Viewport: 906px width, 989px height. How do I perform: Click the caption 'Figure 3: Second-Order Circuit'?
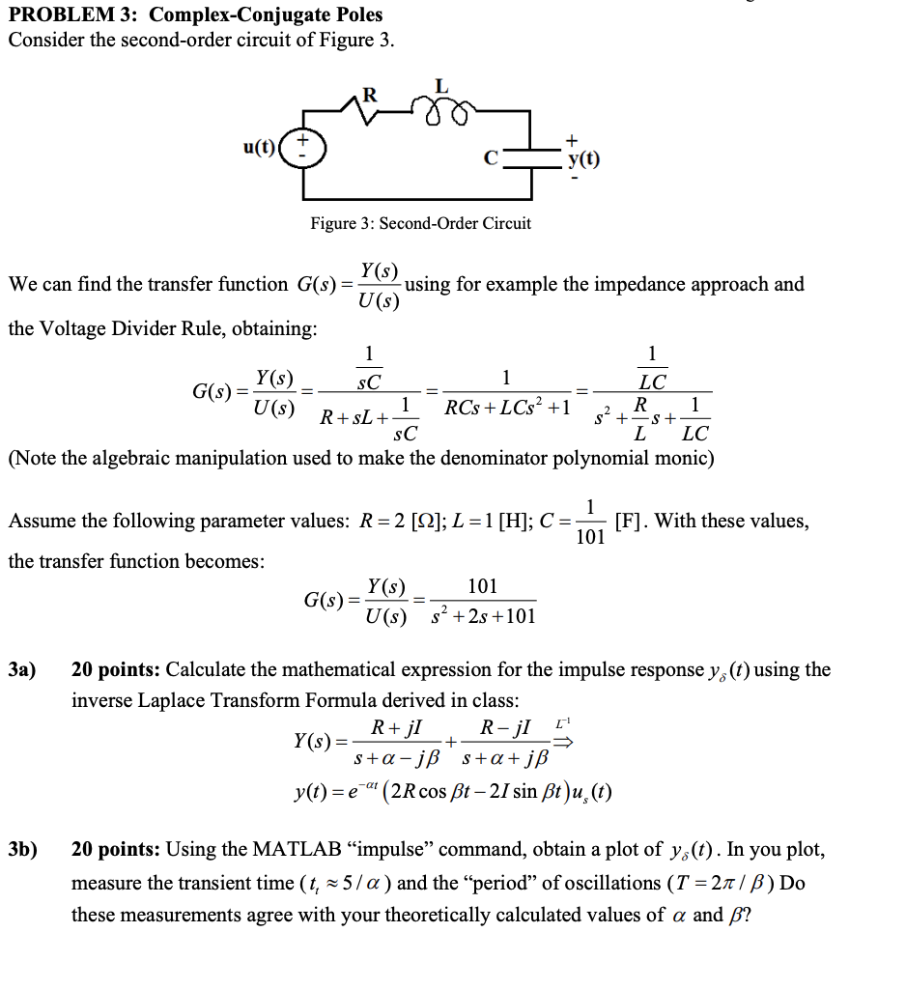point(420,223)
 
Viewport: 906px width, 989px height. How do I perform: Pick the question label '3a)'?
point(22,669)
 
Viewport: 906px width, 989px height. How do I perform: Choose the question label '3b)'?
point(22,849)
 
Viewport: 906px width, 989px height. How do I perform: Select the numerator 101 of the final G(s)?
point(482,586)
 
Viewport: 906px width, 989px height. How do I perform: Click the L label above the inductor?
point(441,86)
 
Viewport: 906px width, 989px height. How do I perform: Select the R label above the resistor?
point(368,94)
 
